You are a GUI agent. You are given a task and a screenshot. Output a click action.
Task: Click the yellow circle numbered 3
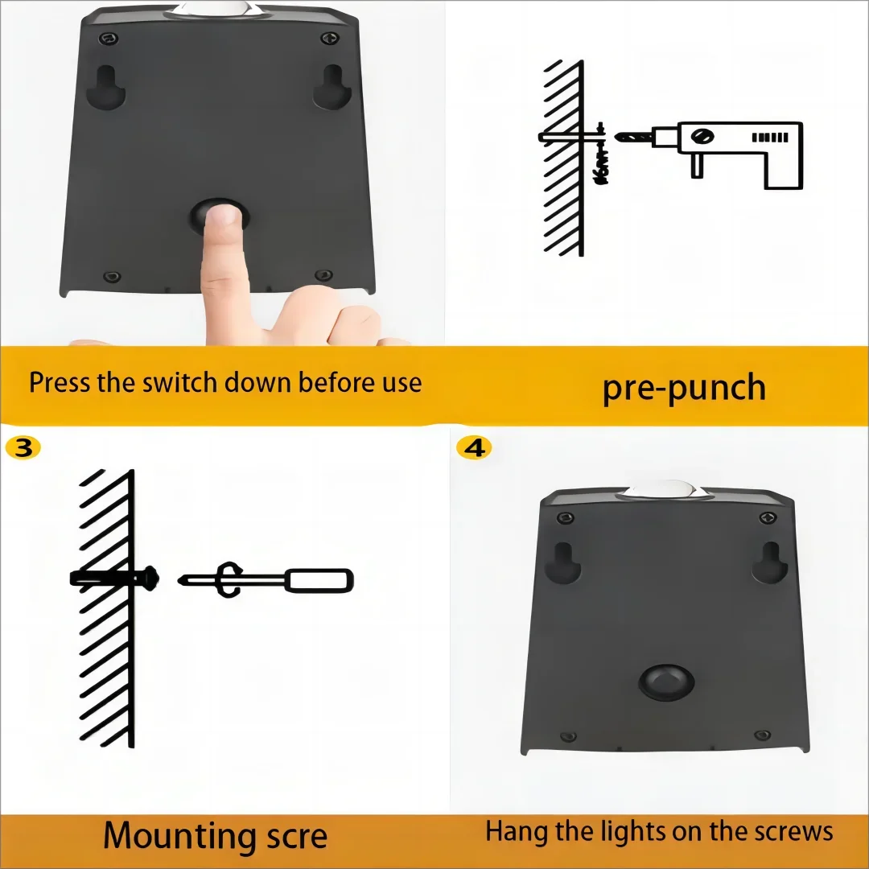point(23,447)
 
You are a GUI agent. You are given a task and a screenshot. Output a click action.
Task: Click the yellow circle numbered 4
point(474,447)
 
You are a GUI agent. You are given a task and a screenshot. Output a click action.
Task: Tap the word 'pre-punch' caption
point(684,387)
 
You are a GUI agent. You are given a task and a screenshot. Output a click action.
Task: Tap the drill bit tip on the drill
point(620,138)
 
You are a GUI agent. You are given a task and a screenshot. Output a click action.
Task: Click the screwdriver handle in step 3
point(319,579)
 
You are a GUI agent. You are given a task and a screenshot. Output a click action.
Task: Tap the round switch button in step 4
point(666,682)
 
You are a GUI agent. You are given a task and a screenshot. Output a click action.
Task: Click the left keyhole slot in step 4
point(562,561)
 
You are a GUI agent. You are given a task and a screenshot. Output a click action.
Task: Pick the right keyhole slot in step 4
point(768,561)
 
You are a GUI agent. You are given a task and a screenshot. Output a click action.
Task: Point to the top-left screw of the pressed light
point(103,38)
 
